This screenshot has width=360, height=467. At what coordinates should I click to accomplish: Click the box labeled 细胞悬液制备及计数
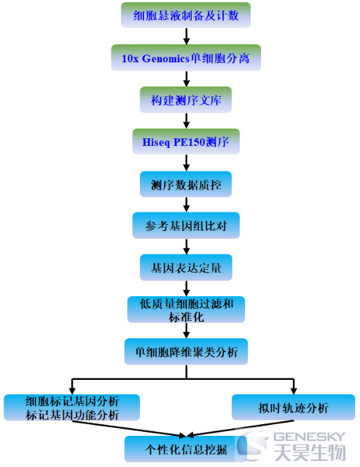point(186,15)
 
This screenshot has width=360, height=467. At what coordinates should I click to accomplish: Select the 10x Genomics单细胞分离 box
point(186,58)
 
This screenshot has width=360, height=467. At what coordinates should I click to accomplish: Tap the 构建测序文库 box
point(186,100)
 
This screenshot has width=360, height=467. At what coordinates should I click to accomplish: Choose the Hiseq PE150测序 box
point(186,142)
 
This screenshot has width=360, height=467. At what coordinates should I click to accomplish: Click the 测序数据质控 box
point(186,184)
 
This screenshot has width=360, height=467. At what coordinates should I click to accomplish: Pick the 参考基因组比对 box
point(186,226)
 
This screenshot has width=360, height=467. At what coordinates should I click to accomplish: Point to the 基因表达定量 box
point(186,268)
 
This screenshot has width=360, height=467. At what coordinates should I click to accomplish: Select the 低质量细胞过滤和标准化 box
point(186,310)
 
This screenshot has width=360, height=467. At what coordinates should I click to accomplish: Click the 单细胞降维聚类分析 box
point(186,351)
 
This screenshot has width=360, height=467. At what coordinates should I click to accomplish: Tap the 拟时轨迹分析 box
point(294,408)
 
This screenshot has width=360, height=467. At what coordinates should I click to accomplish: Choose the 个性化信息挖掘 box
point(186,449)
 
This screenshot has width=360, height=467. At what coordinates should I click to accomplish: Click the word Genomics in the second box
point(165,59)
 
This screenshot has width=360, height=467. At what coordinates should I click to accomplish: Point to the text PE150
point(189,142)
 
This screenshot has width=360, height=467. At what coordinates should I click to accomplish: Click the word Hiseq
point(156,143)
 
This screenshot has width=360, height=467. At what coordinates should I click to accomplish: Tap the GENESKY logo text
point(309,437)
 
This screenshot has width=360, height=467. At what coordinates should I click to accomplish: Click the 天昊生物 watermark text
point(310,452)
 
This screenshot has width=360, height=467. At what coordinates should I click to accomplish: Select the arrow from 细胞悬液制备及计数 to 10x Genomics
point(186,37)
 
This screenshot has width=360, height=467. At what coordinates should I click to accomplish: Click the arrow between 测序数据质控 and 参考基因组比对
point(186,205)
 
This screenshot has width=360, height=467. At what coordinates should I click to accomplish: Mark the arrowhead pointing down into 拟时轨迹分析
point(294,392)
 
